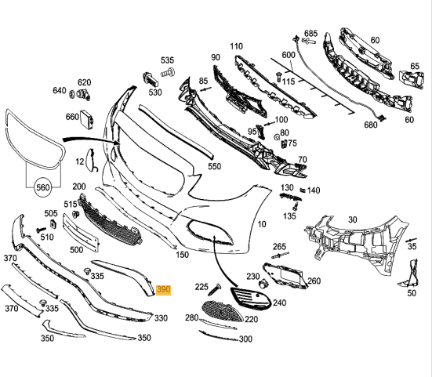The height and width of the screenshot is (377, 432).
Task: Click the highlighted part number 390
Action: [164, 290]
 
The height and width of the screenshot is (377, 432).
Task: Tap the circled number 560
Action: [42, 188]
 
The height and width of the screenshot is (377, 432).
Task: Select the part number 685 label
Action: [310, 34]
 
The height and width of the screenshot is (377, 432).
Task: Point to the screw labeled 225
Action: [215, 289]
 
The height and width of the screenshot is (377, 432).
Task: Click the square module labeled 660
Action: [86, 119]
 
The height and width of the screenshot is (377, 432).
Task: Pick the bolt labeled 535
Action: [168, 73]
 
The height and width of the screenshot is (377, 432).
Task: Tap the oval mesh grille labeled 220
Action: [223, 312]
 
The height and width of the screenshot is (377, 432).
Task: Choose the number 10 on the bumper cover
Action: [262, 224]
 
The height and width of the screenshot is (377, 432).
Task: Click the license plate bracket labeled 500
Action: [80, 233]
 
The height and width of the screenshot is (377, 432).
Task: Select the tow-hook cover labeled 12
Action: [90, 159]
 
